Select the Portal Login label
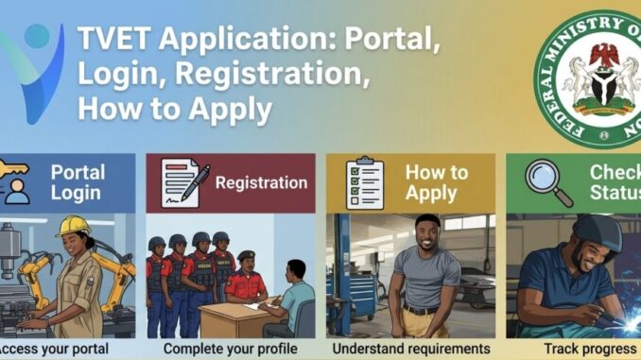[78, 182]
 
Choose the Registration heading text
[261, 182]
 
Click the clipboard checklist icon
[365, 182]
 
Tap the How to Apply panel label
[436, 182]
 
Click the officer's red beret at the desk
[246, 255]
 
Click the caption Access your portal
[54, 349]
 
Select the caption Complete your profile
[230, 349]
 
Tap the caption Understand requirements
[410, 349]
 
